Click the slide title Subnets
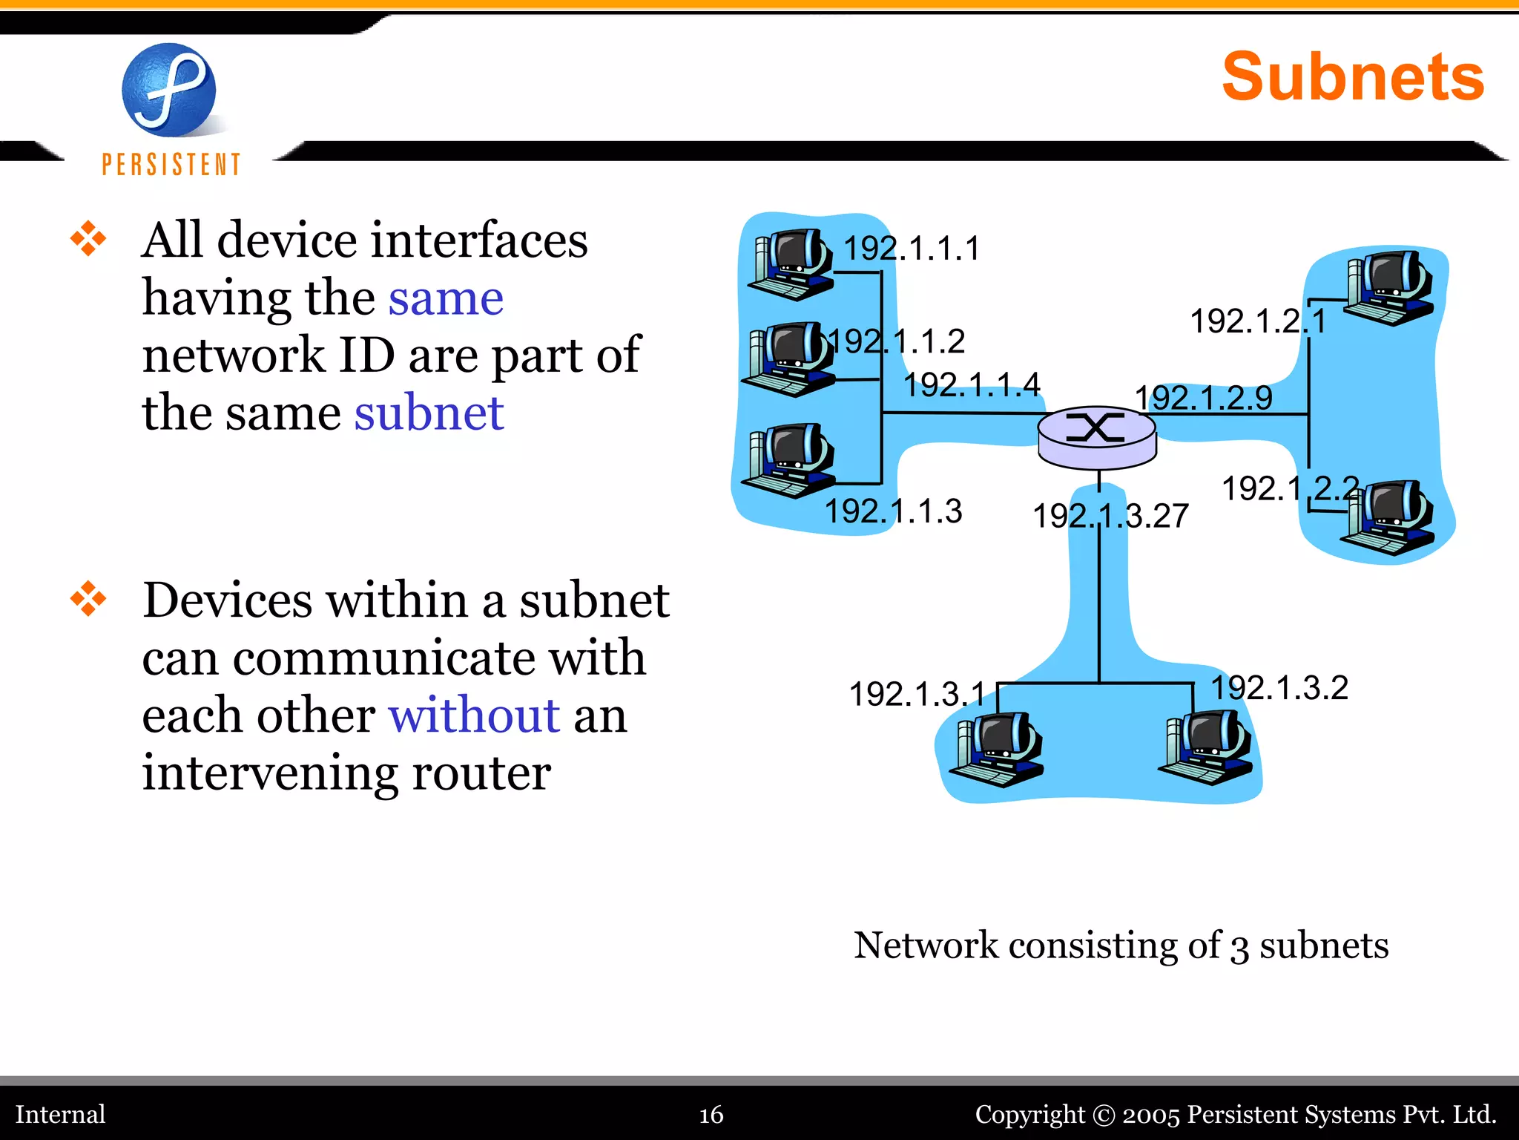pyautogui.click(x=1352, y=77)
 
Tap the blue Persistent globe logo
pyautogui.click(x=169, y=90)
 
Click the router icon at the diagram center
pyautogui.click(x=1096, y=436)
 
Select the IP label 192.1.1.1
pyautogui.click(x=912, y=248)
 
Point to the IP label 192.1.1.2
pyautogui.click(x=897, y=341)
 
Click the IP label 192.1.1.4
pyautogui.click(x=972, y=384)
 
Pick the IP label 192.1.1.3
pyautogui.click(x=894, y=511)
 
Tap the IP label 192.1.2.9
pyautogui.click(x=1203, y=398)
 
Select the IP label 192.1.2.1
pyautogui.click(x=1258, y=321)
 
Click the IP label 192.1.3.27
pyautogui.click(x=1110, y=516)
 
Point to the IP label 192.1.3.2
pyautogui.click(x=1279, y=687)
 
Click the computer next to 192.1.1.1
pyautogui.click(x=791, y=264)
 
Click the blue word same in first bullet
pyautogui.click(x=446, y=298)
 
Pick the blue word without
pyautogui.click(x=474, y=715)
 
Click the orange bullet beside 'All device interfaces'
pyautogui.click(x=88, y=239)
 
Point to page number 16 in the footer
pyautogui.click(x=711, y=1114)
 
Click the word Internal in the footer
pyautogui.click(x=61, y=1114)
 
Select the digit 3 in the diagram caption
pyautogui.click(x=1239, y=948)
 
